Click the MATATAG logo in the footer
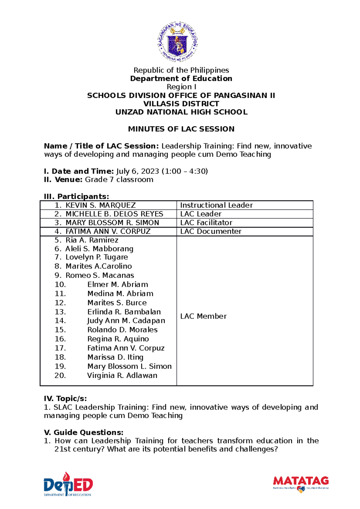pos(301,483)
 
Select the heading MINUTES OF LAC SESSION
pos(181,129)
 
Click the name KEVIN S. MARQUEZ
pos(100,205)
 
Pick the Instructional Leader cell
pos(216,205)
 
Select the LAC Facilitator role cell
pos(206,223)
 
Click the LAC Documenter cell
pos(211,231)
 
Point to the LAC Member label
pos(203,316)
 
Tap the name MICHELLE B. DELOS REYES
pos(114,214)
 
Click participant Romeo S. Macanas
pos(100,275)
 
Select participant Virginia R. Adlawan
pos(122,376)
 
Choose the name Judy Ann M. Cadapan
pos(126,321)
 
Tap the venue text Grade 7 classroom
pos(119,180)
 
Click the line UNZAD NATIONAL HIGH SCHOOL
pos(181,112)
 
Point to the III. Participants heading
pos(76,197)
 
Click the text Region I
pos(181,87)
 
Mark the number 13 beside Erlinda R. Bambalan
pos(60,312)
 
